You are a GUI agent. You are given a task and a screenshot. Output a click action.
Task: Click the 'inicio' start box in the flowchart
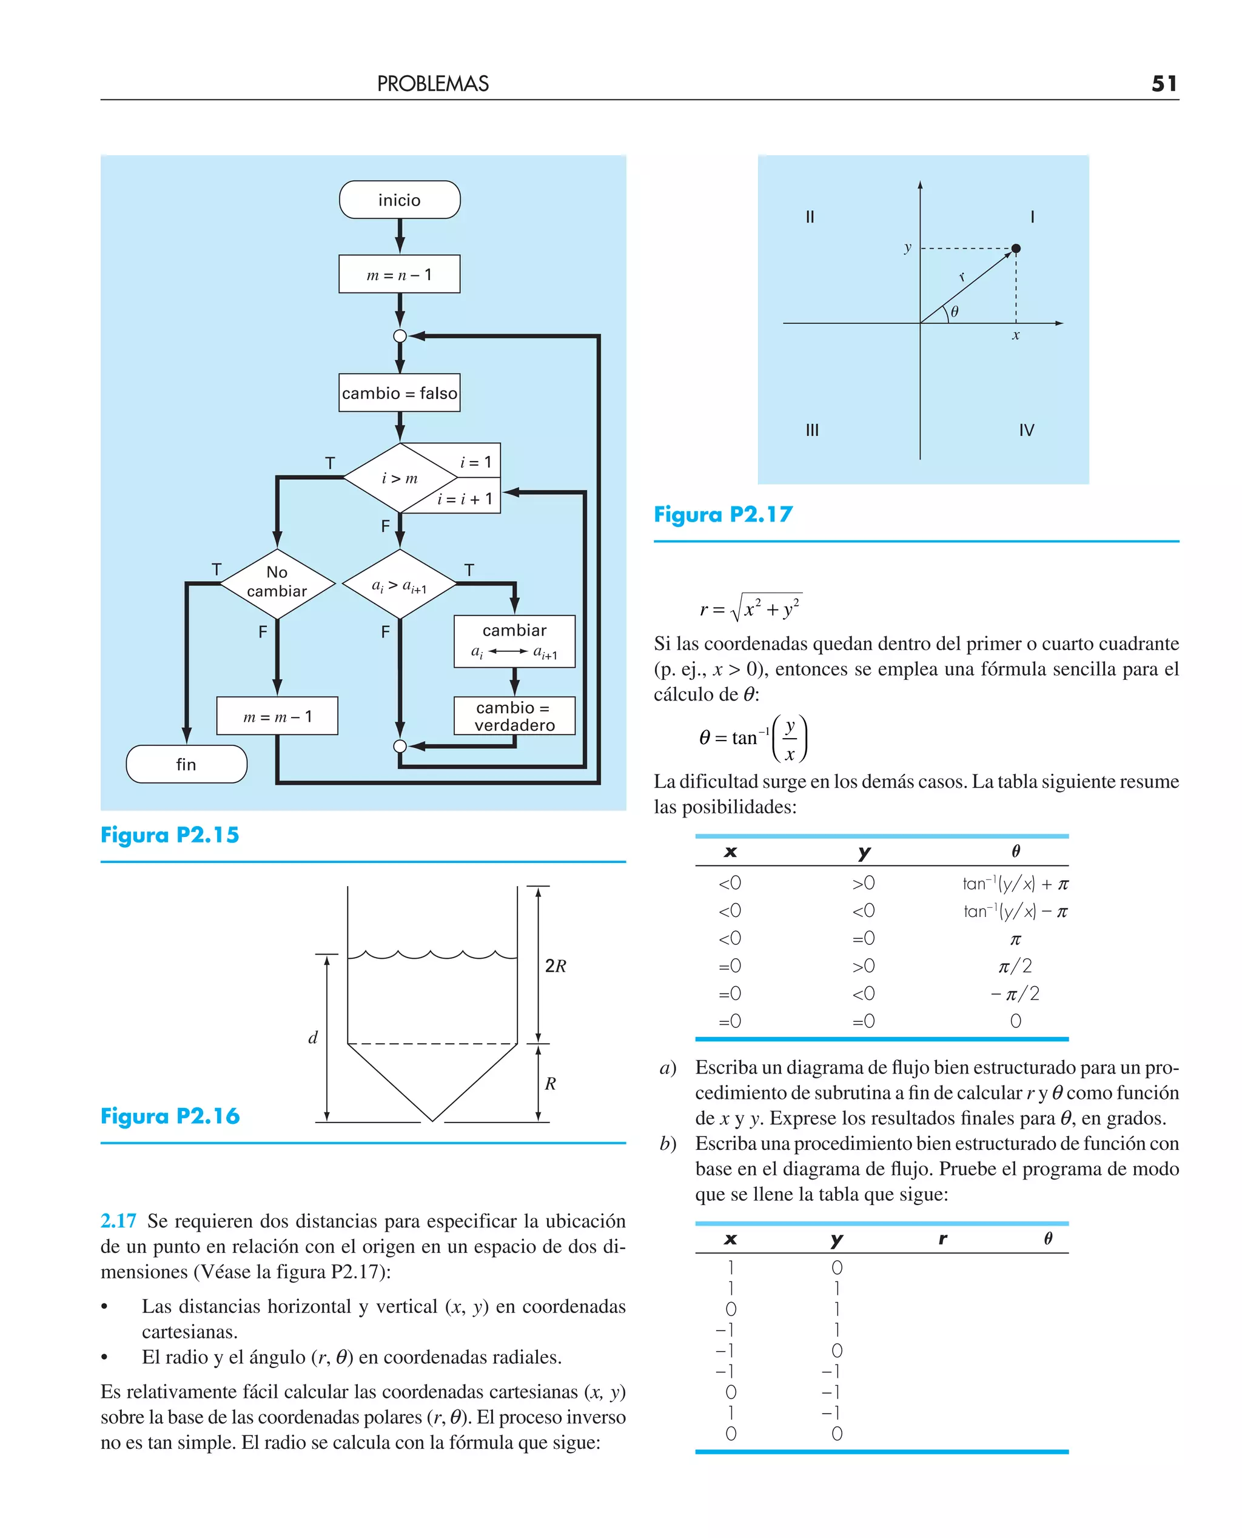[x=399, y=200]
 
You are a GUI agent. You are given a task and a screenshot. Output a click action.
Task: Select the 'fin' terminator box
[x=186, y=764]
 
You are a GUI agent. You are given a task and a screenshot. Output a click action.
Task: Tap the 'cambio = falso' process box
[x=399, y=393]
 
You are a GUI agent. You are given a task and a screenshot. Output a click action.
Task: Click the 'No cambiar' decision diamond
[x=277, y=582]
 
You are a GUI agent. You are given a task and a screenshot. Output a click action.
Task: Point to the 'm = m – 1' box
[x=277, y=716]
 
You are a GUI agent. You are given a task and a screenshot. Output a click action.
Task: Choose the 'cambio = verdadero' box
[x=514, y=716]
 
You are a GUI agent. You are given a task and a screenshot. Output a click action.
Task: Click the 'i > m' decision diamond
[x=399, y=478]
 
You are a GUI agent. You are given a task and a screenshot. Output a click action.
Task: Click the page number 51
[x=1164, y=84]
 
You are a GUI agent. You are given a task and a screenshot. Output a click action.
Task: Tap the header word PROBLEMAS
[x=433, y=84]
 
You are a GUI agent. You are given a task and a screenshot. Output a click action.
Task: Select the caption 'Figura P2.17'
[x=723, y=514]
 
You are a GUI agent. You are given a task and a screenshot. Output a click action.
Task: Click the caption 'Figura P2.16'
[x=170, y=1116]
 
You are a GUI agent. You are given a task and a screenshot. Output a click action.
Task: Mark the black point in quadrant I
[x=1016, y=248]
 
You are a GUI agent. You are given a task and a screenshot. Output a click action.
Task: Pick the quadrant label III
[x=812, y=430]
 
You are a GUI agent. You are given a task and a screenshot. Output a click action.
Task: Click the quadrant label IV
[x=1027, y=430]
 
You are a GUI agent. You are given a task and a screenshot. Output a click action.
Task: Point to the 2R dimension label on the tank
[x=555, y=965]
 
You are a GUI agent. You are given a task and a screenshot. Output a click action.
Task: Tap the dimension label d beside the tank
[x=313, y=1037]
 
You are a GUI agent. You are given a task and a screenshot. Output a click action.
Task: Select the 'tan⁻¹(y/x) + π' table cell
[x=1015, y=884]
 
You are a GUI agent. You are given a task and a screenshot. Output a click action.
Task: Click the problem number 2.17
[x=118, y=1221]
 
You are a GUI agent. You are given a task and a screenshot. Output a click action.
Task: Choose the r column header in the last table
[x=943, y=1238]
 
